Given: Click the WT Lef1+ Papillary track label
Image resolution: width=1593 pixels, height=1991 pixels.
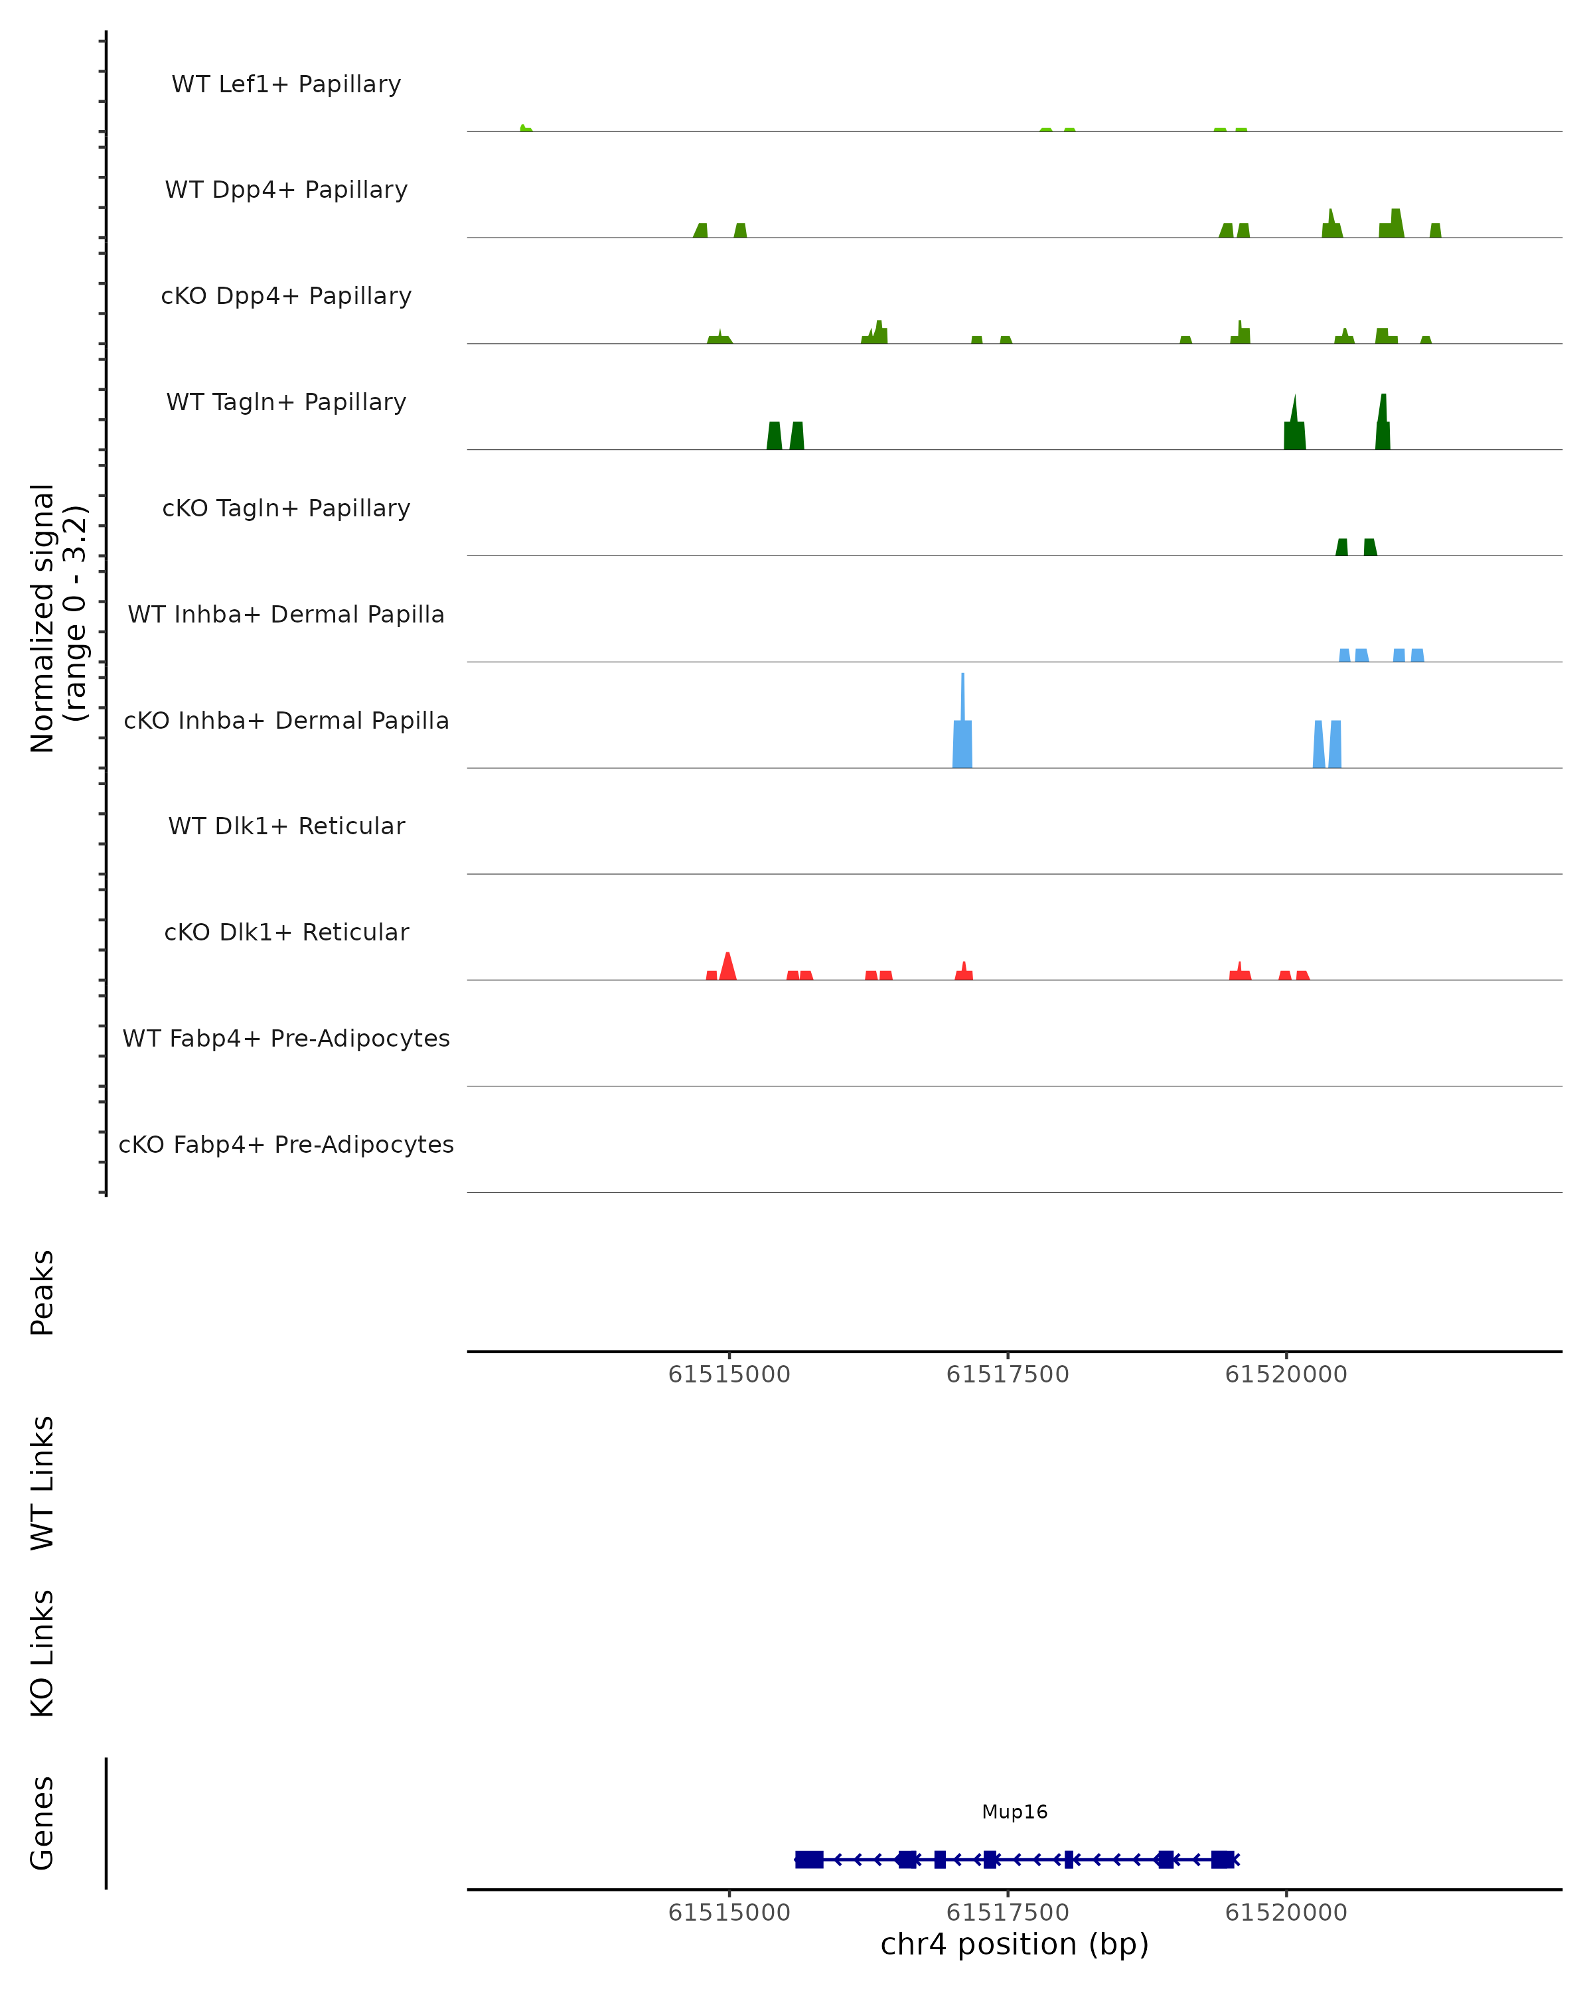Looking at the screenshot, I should [286, 84].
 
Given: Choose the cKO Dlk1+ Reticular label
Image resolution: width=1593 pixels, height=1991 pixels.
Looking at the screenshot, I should [286, 932].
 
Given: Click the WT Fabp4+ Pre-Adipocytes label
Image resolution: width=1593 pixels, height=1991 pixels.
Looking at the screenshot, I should [286, 1038].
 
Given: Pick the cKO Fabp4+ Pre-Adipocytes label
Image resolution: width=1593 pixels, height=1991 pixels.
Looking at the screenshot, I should [286, 1144].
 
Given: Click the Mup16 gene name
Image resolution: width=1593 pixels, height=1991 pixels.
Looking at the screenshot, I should [1014, 1811].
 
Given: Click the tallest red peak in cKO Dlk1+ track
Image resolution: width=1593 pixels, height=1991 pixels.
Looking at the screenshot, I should [727, 964].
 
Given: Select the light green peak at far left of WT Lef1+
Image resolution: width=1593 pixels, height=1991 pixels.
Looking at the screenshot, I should [524, 128].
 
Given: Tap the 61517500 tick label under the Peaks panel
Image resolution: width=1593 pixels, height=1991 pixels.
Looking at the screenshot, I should [1007, 1374].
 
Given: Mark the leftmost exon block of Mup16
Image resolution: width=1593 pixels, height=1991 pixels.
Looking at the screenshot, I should [809, 1859].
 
